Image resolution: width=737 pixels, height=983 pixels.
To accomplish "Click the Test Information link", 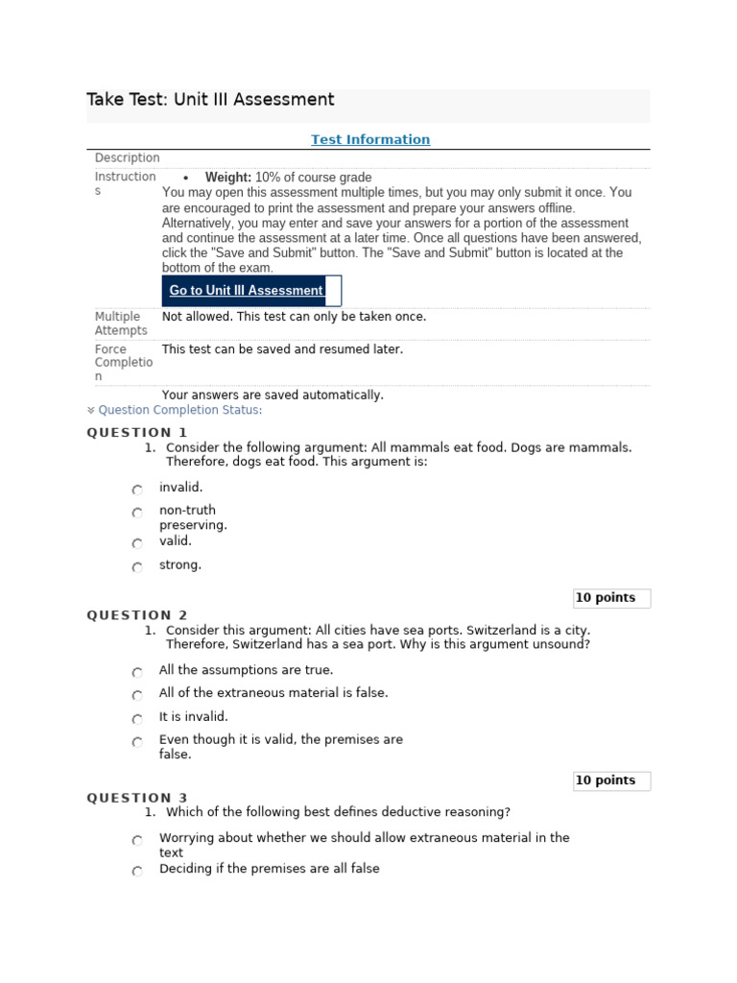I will click(370, 139).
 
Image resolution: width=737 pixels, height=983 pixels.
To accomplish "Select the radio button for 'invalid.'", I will click(137, 490).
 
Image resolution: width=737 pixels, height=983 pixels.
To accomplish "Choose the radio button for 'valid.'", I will click(137, 543).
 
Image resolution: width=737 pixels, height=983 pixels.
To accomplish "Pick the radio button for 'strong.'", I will click(137, 567).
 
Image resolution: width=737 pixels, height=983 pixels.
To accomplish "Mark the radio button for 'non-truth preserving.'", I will click(137, 514).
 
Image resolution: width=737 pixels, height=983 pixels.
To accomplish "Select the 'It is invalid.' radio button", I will click(137, 719).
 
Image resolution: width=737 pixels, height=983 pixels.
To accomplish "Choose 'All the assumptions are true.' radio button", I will click(137, 672).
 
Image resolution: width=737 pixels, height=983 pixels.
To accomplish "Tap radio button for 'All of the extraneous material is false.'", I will click(137, 695).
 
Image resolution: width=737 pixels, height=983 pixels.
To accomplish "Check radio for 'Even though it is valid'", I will click(137, 742).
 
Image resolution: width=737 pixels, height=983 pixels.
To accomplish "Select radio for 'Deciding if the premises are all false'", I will click(137, 871).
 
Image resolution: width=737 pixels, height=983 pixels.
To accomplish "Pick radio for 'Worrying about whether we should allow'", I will click(137, 840).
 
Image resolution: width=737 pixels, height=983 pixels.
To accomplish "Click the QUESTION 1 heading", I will click(137, 432).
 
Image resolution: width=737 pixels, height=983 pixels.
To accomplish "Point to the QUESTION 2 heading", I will click(137, 614).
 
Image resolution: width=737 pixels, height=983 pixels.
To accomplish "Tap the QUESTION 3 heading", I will click(137, 797).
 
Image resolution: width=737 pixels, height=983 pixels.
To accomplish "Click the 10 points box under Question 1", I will click(611, 598).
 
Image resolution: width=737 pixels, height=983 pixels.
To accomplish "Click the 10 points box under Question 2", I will click(611, 780).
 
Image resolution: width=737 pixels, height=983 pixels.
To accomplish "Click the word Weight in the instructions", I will click(227, 178).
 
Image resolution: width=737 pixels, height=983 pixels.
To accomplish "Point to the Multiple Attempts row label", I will click(121, 324).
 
